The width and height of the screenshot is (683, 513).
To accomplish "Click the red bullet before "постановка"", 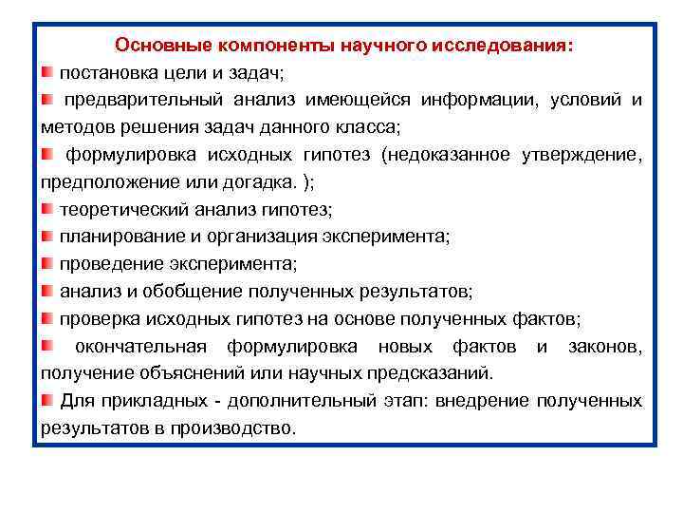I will pos(47,72).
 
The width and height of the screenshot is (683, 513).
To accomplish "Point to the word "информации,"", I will pos(474,100).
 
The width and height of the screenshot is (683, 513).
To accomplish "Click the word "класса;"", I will pos(371,126).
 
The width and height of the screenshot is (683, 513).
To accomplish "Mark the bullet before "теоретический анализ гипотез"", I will pos(47,209).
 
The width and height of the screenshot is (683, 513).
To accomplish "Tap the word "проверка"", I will pos(96,318).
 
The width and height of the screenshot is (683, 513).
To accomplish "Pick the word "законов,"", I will pos(604,346).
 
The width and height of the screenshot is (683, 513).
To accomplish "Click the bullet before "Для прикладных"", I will pos(47,400).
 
